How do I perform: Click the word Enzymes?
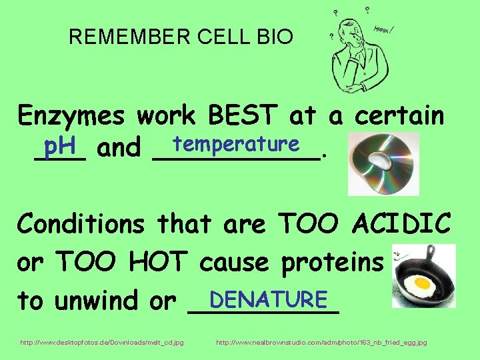coord(73,117)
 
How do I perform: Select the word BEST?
coord(244,116)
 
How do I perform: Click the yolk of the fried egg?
coord(422,283)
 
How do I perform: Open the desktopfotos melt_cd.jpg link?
coord(102,343)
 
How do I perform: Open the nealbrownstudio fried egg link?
coord(322,343)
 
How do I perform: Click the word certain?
coord(399,117)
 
